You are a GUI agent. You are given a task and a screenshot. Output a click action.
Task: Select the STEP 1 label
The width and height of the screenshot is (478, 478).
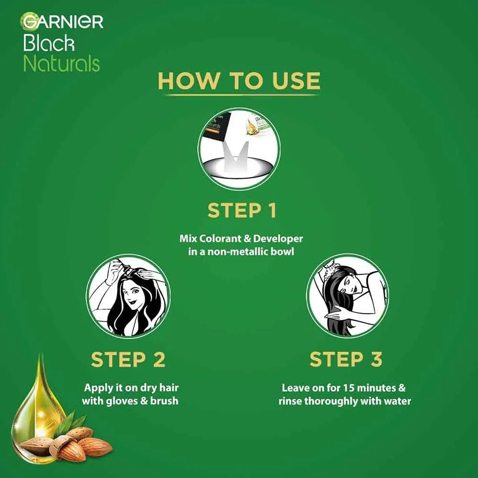[242, 210]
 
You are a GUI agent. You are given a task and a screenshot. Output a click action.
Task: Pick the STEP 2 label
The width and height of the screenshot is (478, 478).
[128, 360]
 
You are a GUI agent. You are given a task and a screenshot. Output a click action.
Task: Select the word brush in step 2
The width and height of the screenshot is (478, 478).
[164, 400]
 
